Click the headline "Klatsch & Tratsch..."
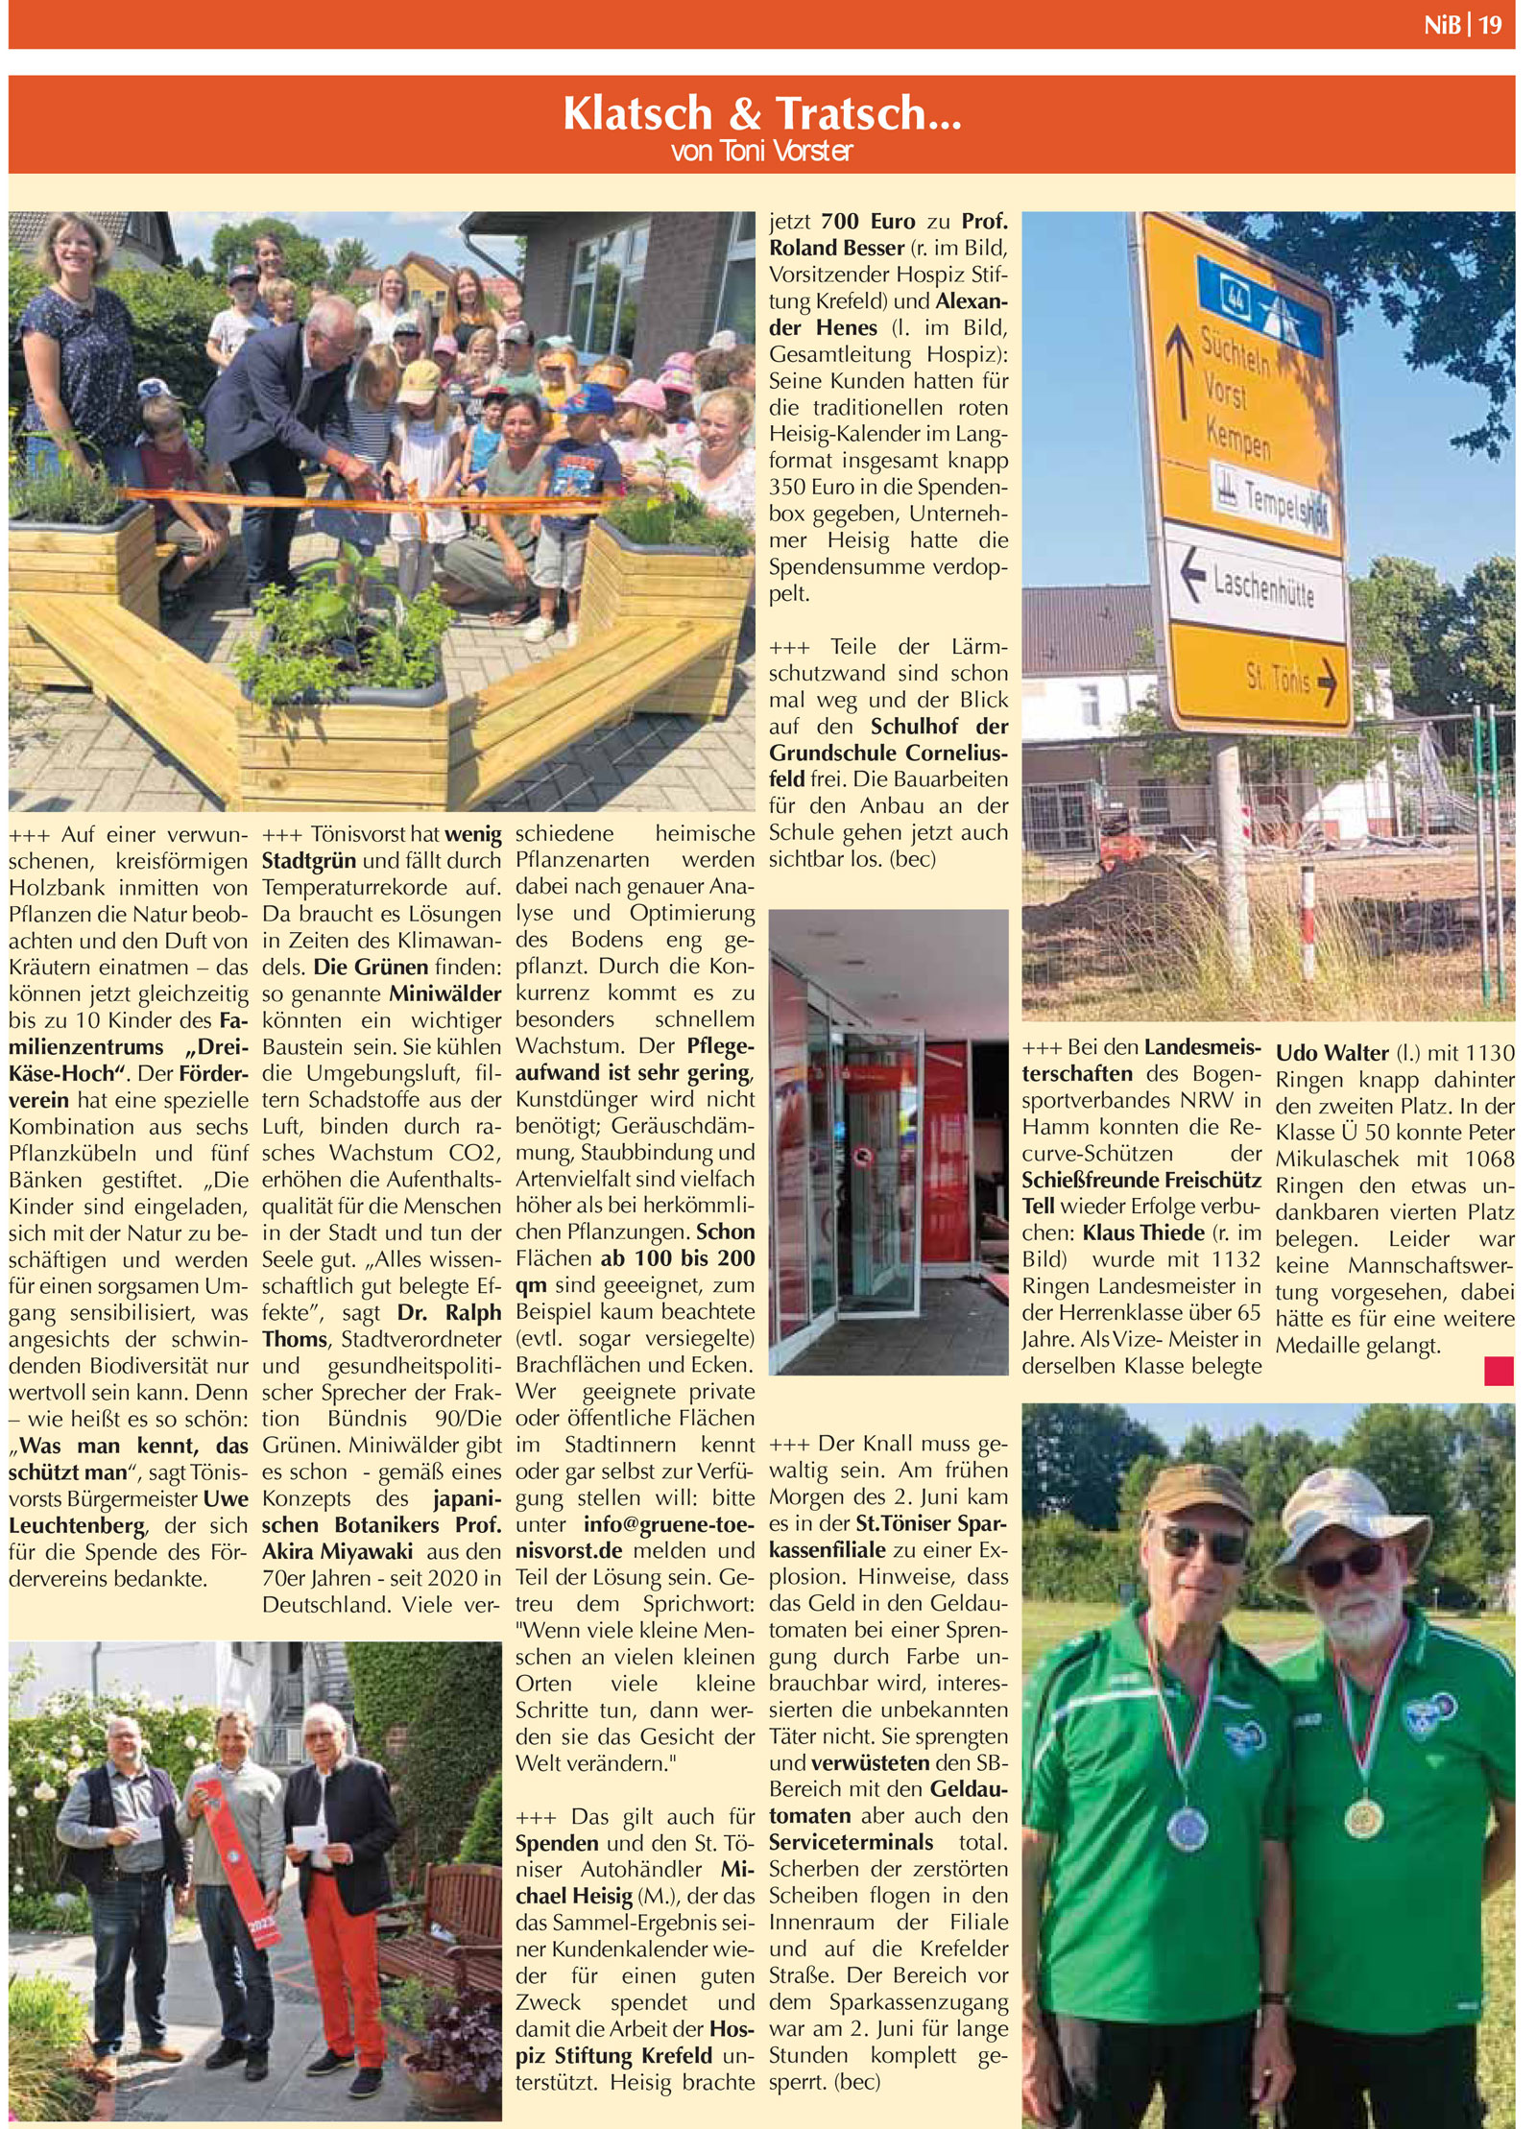[761, 113]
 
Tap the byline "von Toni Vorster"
[761, 152]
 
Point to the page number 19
[1490, 25]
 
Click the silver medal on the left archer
[1186, 1830]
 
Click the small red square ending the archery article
[1498, 1371]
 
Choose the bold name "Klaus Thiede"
[1143, 1232]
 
